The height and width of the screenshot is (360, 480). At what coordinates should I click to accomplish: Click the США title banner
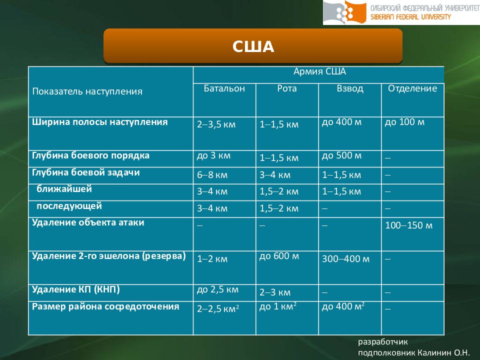point(253,46)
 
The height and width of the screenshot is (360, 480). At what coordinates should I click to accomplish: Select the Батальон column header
point(224,89)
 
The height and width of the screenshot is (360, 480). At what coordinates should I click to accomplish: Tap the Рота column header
point(286,89)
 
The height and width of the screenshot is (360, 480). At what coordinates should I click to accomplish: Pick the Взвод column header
point(350,89)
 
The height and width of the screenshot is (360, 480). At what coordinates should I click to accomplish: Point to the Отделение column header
point(412,89)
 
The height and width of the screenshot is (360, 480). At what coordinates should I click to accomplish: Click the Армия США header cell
point(318,72)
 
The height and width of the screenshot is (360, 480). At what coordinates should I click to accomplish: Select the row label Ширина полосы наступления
point(100,122)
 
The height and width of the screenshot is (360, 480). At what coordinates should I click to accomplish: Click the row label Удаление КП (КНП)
point(76,289)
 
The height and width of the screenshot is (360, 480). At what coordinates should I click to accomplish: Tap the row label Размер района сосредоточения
point(105,306)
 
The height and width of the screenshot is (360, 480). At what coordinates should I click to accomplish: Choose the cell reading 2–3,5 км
point(216,124)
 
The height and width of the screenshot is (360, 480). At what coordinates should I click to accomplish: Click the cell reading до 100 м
point(404,122)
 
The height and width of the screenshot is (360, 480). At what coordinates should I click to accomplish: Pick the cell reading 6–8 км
point(212,175)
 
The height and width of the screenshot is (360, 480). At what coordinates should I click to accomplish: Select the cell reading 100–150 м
point(408,225)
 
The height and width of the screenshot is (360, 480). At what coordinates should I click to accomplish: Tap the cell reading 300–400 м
point(345,259)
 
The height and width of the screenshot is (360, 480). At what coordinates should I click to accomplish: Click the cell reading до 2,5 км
point(217,289)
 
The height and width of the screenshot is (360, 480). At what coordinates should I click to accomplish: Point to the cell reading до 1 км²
point(278,306)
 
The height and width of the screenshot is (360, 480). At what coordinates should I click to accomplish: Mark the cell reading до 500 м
point(341,155)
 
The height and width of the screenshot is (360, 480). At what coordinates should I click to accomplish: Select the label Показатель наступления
point(87,91)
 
